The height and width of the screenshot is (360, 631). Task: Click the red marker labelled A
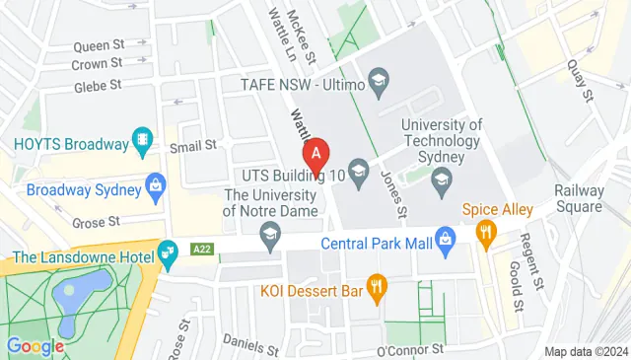pos(315,154)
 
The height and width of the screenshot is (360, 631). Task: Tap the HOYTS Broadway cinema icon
pos(144,142)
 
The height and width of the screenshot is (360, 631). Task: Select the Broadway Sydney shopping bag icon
pos(155,184)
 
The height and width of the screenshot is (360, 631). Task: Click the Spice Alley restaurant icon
pos(484,233)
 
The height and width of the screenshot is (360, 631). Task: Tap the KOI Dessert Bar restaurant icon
pos(376,288)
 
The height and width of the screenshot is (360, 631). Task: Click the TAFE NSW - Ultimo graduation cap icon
pos(378,79)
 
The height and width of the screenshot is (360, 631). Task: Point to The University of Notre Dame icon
pos(268,233)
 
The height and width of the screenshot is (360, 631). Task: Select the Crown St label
pos(97,64)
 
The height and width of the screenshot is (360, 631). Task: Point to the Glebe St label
pos(98,87)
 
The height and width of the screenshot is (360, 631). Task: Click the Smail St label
pos(192,146)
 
